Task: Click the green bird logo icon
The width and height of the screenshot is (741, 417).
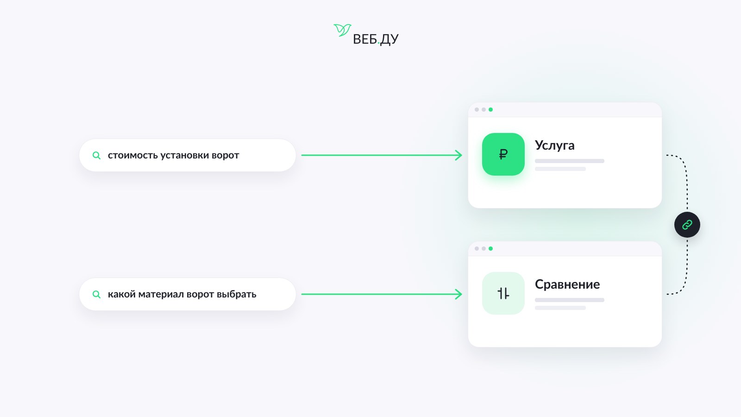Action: point(342,30)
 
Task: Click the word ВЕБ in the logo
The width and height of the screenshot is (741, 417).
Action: point(365,39)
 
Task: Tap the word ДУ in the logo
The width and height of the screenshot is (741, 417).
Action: point(389,40)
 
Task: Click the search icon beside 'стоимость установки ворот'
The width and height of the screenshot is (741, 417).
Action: point(96,155)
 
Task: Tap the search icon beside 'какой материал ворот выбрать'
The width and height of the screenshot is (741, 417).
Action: point(96,294)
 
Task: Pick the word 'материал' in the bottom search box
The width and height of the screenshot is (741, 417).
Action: point(161,294)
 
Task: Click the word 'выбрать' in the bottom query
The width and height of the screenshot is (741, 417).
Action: point(236,294)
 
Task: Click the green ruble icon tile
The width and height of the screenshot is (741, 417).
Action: point(503,154)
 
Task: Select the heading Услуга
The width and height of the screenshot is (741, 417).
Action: point(554,145)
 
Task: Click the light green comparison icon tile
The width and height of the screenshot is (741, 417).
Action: point(503,293)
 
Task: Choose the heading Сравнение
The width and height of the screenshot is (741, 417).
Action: point(567,284)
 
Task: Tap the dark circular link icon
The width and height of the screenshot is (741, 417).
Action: point(687,225)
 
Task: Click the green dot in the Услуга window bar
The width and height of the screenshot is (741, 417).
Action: point(490,109)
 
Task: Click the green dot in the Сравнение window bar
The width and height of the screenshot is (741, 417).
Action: point(490,248)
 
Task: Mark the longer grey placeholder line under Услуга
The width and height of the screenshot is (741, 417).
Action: point(570,161)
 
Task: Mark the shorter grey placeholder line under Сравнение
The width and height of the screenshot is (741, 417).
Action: point(560,308)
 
